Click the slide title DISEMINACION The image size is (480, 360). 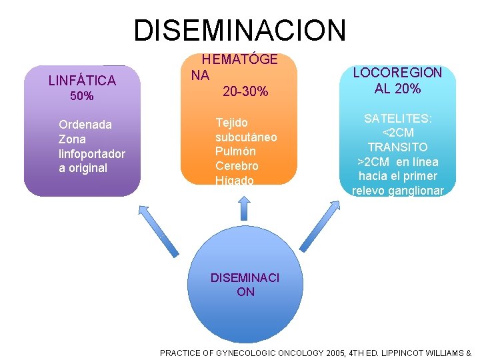click(240, 30)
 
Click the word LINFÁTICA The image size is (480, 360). click(82, 81)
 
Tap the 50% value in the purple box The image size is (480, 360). click(82, 97)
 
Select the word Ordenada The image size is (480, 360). click(85, 125)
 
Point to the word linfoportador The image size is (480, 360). click(92, 154)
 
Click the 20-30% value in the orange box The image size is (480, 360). click(245, 91)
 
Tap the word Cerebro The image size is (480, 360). click(237, 166)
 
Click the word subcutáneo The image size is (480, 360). click(246, 137)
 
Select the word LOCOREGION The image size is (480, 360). click(397, 73)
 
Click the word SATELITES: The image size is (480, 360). click(397, 119)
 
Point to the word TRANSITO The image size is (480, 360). click(397, 147)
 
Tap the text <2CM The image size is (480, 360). click(397, 133)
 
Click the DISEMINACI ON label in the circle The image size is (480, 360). click(245, 285)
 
